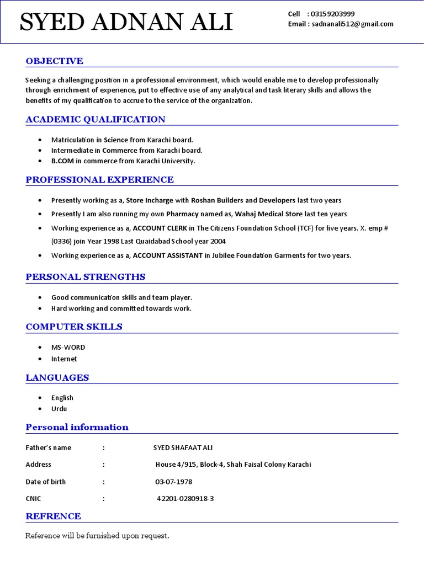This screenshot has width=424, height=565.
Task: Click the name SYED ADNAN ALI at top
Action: point(126,23)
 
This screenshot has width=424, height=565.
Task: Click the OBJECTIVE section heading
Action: point(54,61)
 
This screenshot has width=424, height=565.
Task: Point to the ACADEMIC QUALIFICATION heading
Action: point(96,119)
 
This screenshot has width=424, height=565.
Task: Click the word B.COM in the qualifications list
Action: point(63,161)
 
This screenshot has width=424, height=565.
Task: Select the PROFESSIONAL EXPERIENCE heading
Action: point(99,179)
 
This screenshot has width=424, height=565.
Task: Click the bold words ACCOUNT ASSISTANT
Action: point(168,255)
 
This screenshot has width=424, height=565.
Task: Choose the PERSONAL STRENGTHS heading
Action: point(86,276)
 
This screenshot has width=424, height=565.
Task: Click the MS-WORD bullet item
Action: point(68,348)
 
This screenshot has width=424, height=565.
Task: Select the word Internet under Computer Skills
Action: point(64,359)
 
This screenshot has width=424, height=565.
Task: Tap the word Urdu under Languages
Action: point(59,409)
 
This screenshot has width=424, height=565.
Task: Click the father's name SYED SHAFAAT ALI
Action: point(182,447)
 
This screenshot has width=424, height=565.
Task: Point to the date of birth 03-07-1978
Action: point(174,482)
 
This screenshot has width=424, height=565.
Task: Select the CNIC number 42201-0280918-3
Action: point(185,499)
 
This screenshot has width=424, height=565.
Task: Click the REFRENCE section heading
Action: point(53,516)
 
